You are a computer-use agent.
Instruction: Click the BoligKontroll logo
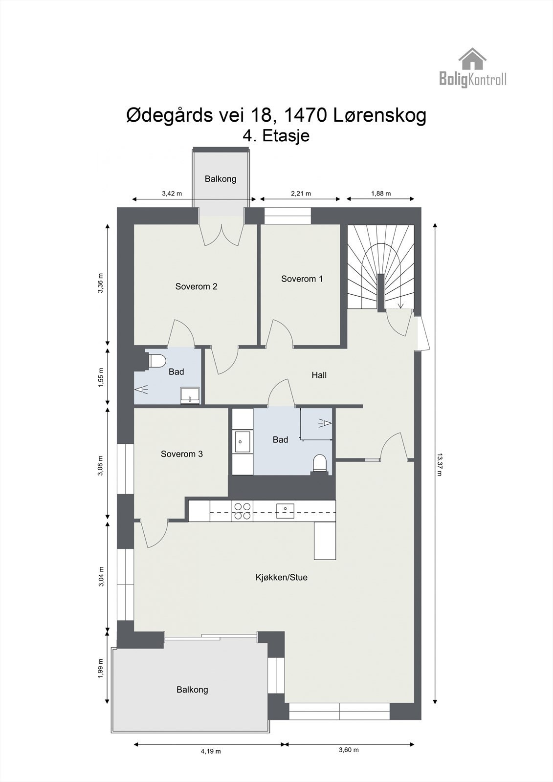[472, 68]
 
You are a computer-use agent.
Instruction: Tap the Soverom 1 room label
[302, 279]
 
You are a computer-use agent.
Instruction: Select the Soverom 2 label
[196, 287]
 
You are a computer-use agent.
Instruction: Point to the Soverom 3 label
[181, 454]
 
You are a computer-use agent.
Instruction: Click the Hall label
[319, 375]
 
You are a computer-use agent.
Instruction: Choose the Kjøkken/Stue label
[281, 577]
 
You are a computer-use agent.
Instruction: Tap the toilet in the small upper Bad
[156, 361]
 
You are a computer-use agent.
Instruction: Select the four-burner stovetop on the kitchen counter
[243, 511]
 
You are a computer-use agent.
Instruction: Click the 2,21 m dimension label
[301, 194]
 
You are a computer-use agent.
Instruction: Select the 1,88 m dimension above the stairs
[380, 194]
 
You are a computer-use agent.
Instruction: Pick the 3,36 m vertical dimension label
[101, 283]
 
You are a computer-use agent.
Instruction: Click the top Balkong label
[220, 179]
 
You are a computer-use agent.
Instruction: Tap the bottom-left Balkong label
[192, 690]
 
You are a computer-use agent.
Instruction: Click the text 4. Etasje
[276, 136]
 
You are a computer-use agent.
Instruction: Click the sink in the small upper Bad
[190, 395]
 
